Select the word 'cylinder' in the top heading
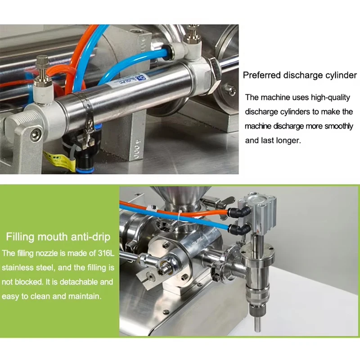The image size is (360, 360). [x=341, y=75]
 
